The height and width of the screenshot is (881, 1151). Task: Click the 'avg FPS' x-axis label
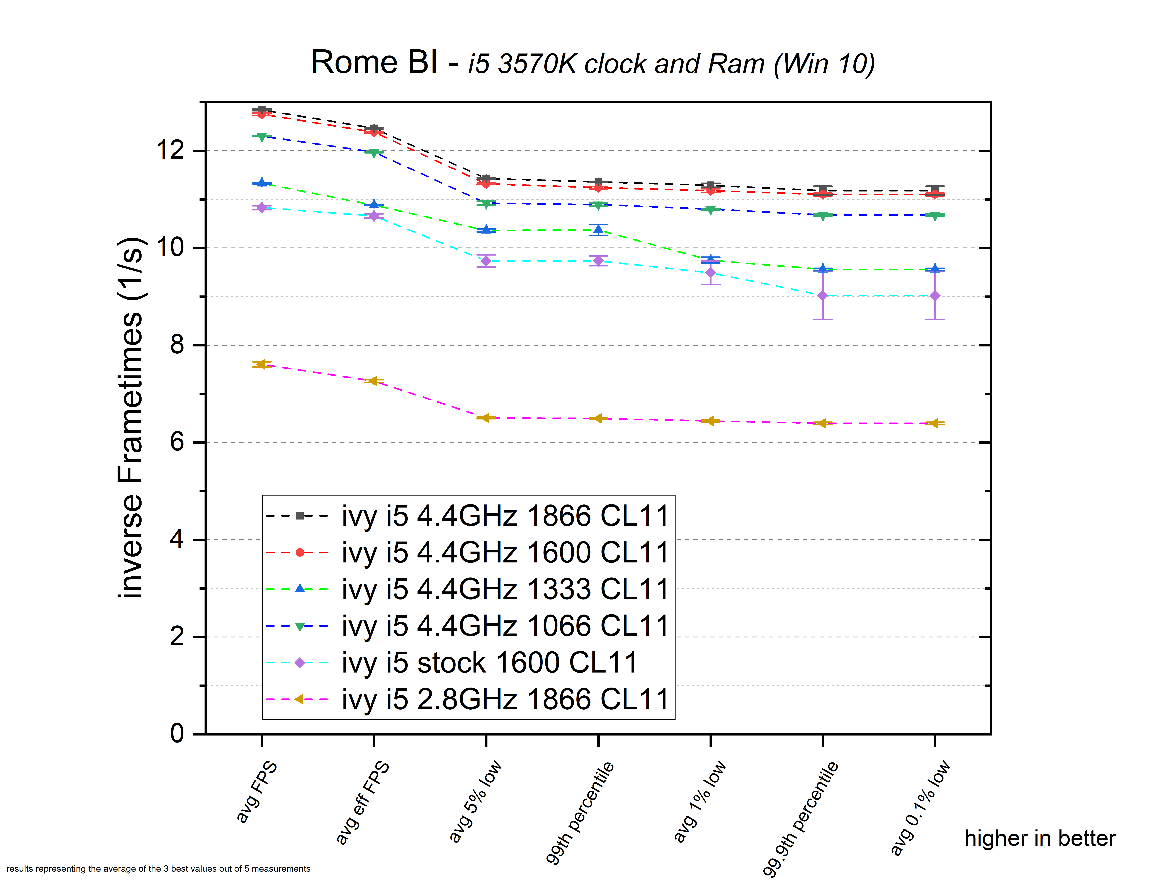click(x=256, y=792)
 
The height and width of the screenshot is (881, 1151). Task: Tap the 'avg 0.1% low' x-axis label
click(x=920, y=808)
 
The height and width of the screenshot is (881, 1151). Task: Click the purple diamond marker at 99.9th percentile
click(x=823, y=296)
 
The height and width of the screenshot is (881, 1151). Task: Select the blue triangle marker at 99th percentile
click(x=598, y=230)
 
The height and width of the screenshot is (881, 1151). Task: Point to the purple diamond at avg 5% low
click(x=486, y=261)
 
